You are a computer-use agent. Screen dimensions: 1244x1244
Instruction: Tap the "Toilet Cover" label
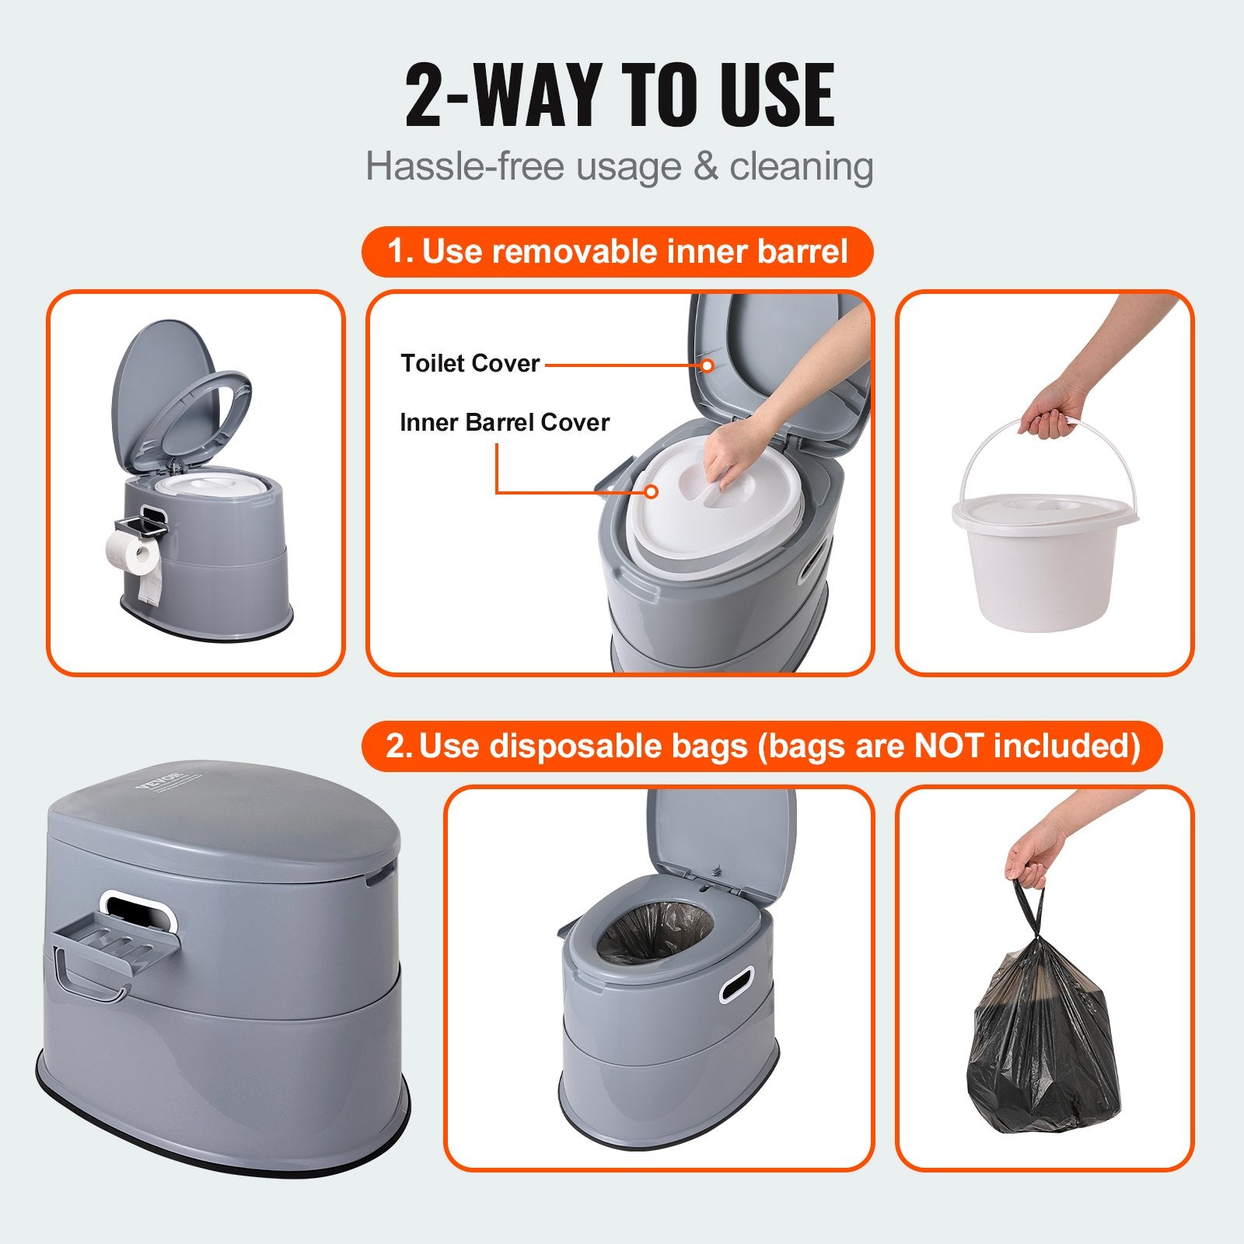(x=470, y=363)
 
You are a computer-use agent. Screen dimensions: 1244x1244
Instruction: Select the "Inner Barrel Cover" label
(x=504, y=422)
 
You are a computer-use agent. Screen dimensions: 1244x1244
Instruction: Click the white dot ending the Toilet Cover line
(x=707, y=365)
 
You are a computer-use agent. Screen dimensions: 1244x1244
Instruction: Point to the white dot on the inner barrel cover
(x=652, y=491)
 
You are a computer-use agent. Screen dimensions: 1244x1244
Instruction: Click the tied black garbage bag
(x=1045, y=1042)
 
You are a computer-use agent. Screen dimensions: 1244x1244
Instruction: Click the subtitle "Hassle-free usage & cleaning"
(x=620, y=166)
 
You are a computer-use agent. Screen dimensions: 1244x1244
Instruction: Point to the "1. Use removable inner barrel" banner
(x=617, y=252)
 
